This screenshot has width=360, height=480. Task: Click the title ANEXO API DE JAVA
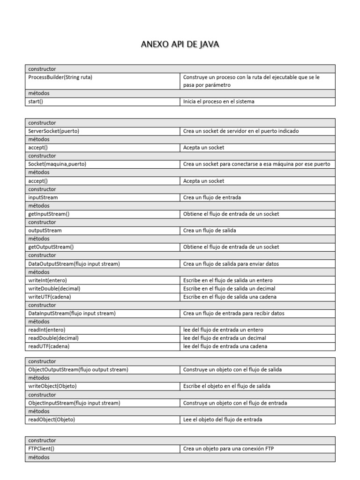180,45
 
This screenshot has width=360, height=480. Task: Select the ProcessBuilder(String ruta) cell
60,77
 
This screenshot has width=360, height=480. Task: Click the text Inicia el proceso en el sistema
219,102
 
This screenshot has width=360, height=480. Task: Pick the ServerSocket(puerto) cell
54,131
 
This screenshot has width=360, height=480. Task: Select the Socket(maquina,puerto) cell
57,164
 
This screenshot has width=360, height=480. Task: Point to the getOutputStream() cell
51,247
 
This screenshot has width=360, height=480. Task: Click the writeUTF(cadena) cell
50,297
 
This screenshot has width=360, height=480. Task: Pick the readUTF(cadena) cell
49,346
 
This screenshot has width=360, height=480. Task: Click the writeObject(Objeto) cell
52,386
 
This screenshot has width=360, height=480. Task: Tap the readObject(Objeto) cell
52,420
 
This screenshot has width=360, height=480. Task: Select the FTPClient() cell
41,449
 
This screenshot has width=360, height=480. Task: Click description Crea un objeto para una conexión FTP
229,449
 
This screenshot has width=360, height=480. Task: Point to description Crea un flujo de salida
210,231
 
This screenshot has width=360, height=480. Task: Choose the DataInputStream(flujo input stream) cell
72,313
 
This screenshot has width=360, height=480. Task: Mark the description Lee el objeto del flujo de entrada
223,420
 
